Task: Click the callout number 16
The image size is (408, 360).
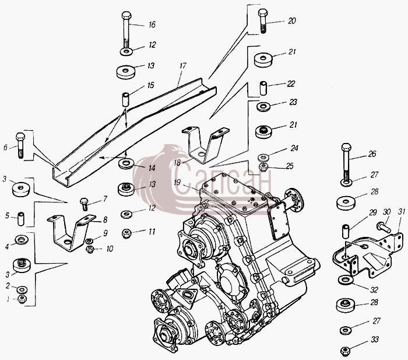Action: coord(152,25)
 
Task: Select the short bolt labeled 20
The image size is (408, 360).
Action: coord(262,21)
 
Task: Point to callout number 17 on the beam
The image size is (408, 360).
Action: coord(182,66)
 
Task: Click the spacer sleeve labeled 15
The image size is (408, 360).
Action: coord(126,99)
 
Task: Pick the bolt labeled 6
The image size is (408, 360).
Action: coord(20,145)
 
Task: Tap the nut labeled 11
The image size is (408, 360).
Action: coord(126,233)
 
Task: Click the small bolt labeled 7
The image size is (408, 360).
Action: coord(85,204)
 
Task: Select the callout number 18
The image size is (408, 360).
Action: coord(177,163)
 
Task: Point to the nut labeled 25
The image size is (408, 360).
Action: coord(264,167)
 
